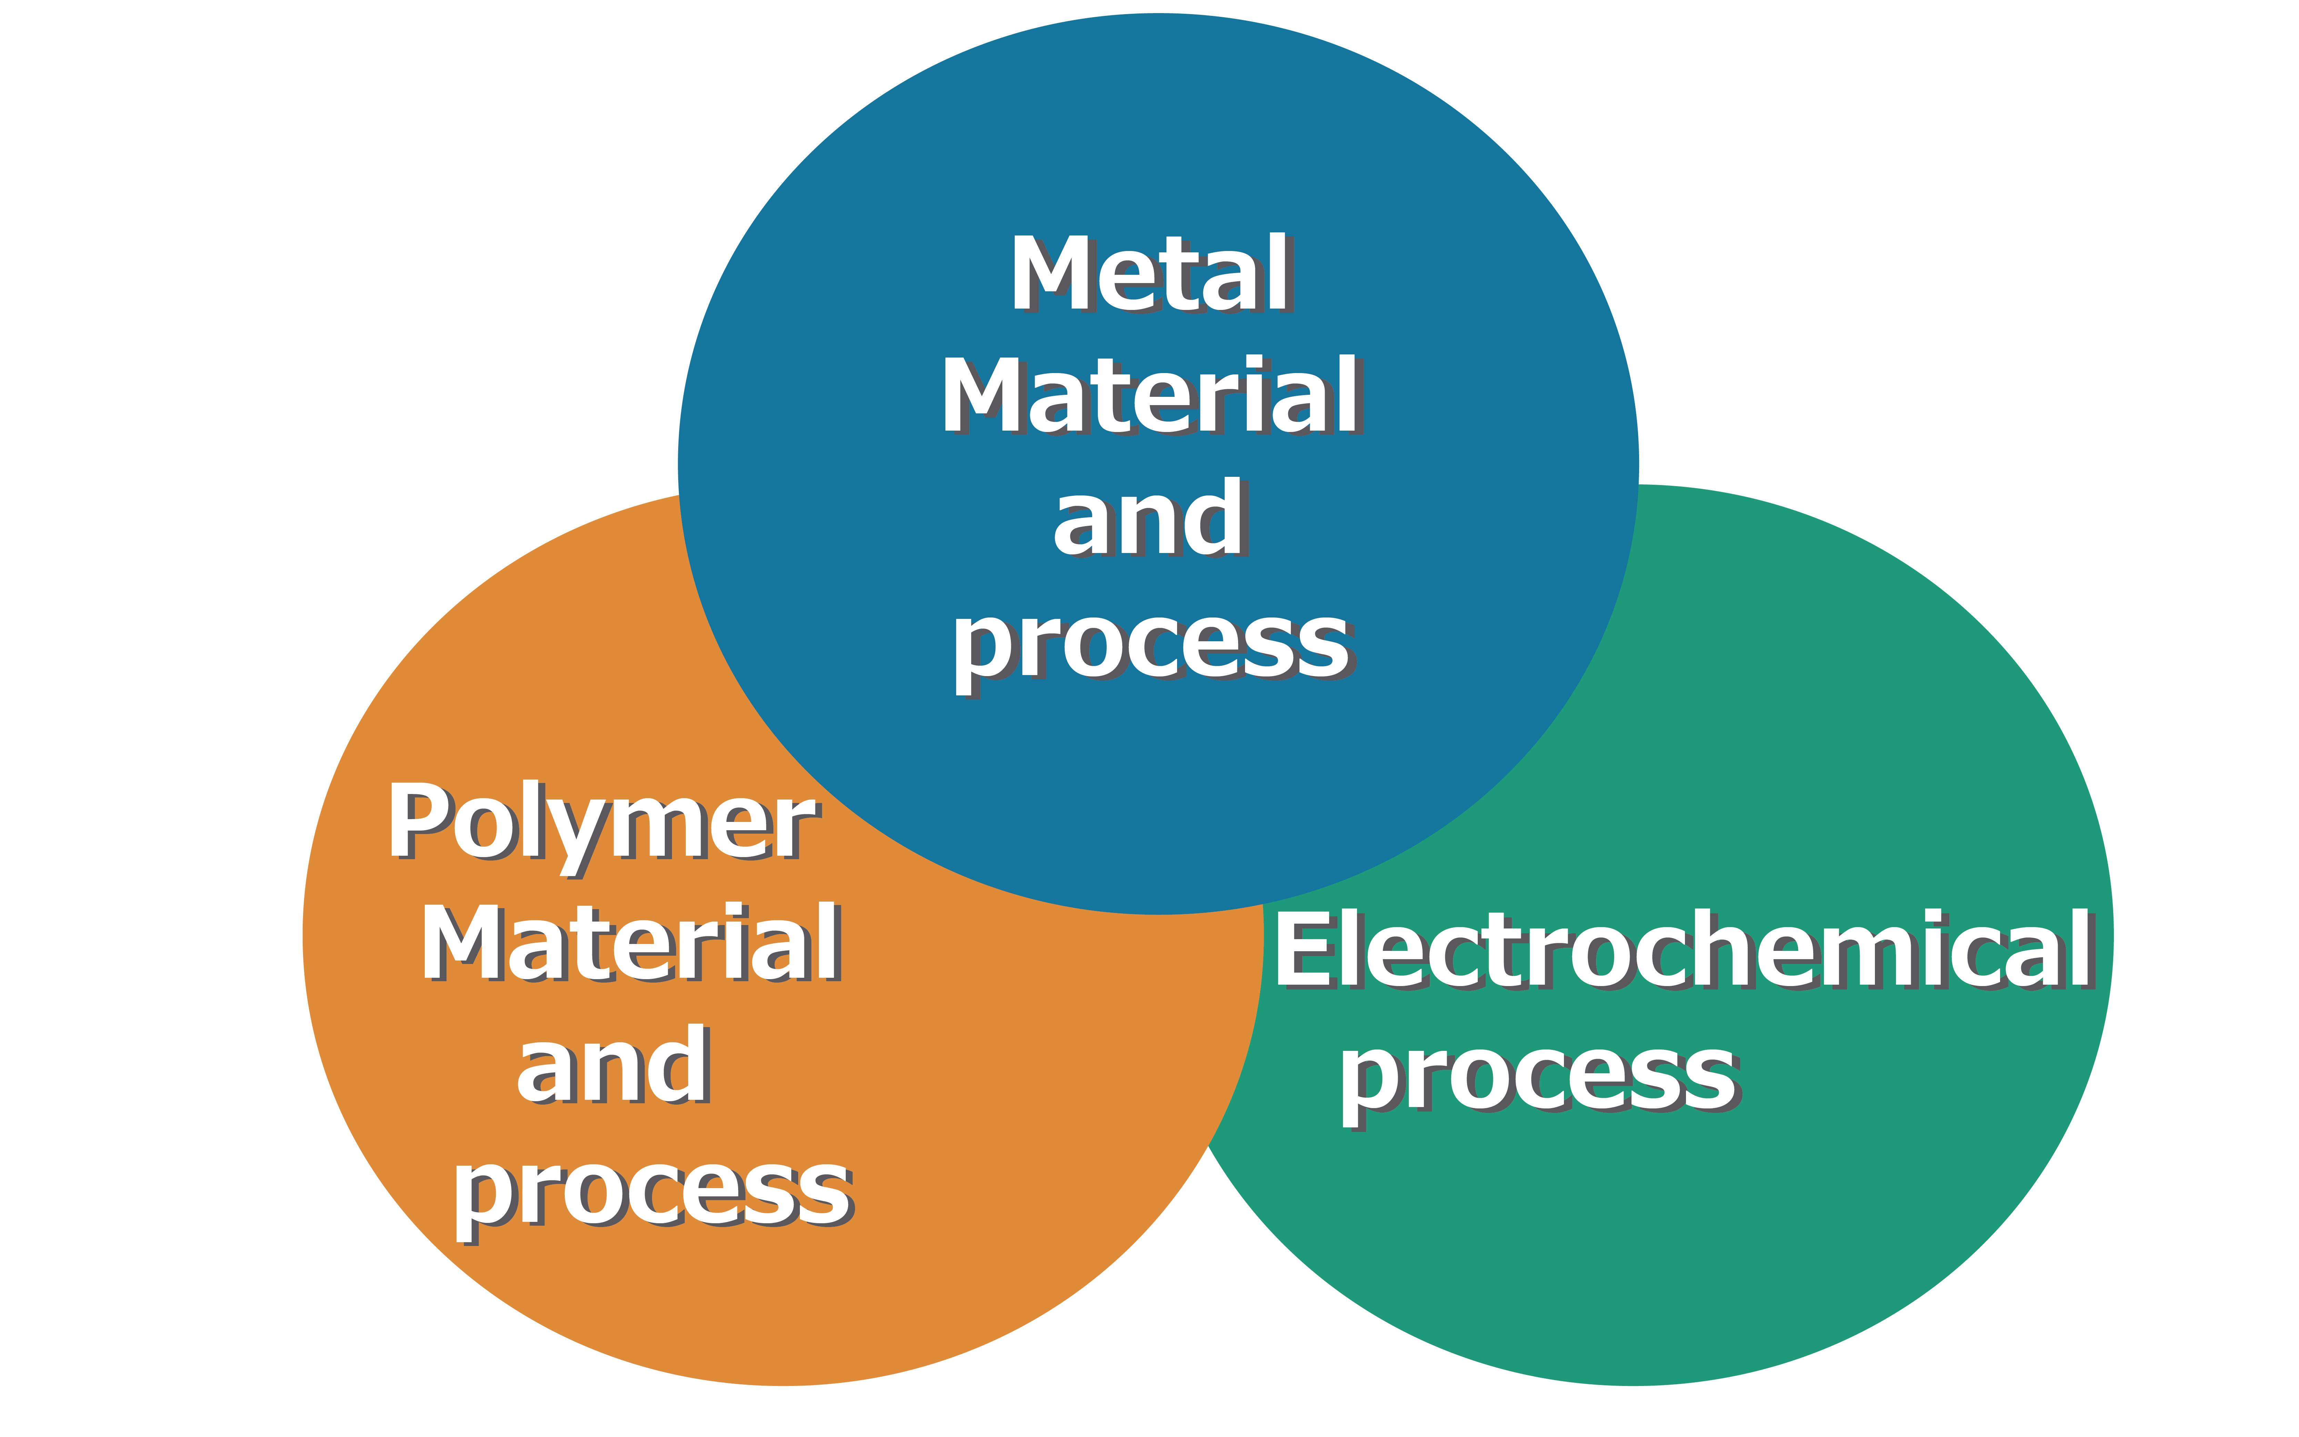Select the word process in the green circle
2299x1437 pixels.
point(1538,1079)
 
